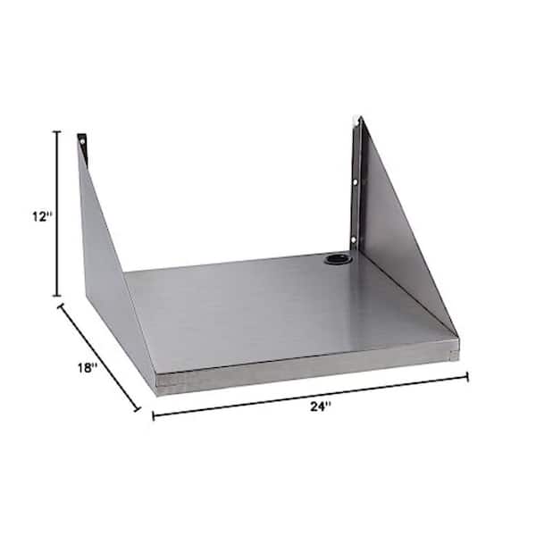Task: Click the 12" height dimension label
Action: click(43, 216)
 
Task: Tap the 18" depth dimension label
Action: click(88, 368)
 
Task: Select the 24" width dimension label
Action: click(321, 406)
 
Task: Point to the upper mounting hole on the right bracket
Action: click(356, 182)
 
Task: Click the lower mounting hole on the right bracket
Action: click(354, 239)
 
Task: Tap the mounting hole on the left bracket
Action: click(82, 141)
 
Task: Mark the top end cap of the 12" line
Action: click(57, 131)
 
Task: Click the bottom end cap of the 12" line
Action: click(57, 296)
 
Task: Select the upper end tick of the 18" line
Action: click(61, 306)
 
